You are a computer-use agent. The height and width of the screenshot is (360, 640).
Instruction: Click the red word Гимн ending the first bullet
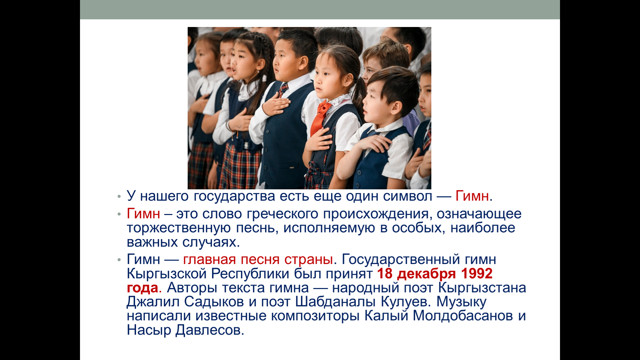(472, 196)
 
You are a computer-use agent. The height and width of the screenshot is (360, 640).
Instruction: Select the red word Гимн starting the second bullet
(143, 214)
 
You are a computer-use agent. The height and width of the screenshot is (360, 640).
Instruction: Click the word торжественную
(179, 228)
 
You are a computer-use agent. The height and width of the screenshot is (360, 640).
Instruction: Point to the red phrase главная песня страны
(258, 259)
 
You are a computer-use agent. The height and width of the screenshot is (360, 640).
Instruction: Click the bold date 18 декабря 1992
(435, 274)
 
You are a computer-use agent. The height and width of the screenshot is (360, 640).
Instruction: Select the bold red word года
(142, 288)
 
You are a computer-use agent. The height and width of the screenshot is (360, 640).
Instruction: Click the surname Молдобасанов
(463, 316)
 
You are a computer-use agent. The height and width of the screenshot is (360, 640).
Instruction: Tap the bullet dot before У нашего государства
(119, 197)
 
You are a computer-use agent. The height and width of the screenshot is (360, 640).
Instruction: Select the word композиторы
(315, 316)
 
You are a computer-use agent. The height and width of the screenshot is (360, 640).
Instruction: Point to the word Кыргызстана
(482, 288)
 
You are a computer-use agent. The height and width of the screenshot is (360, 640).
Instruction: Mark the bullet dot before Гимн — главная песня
(119, 260)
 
